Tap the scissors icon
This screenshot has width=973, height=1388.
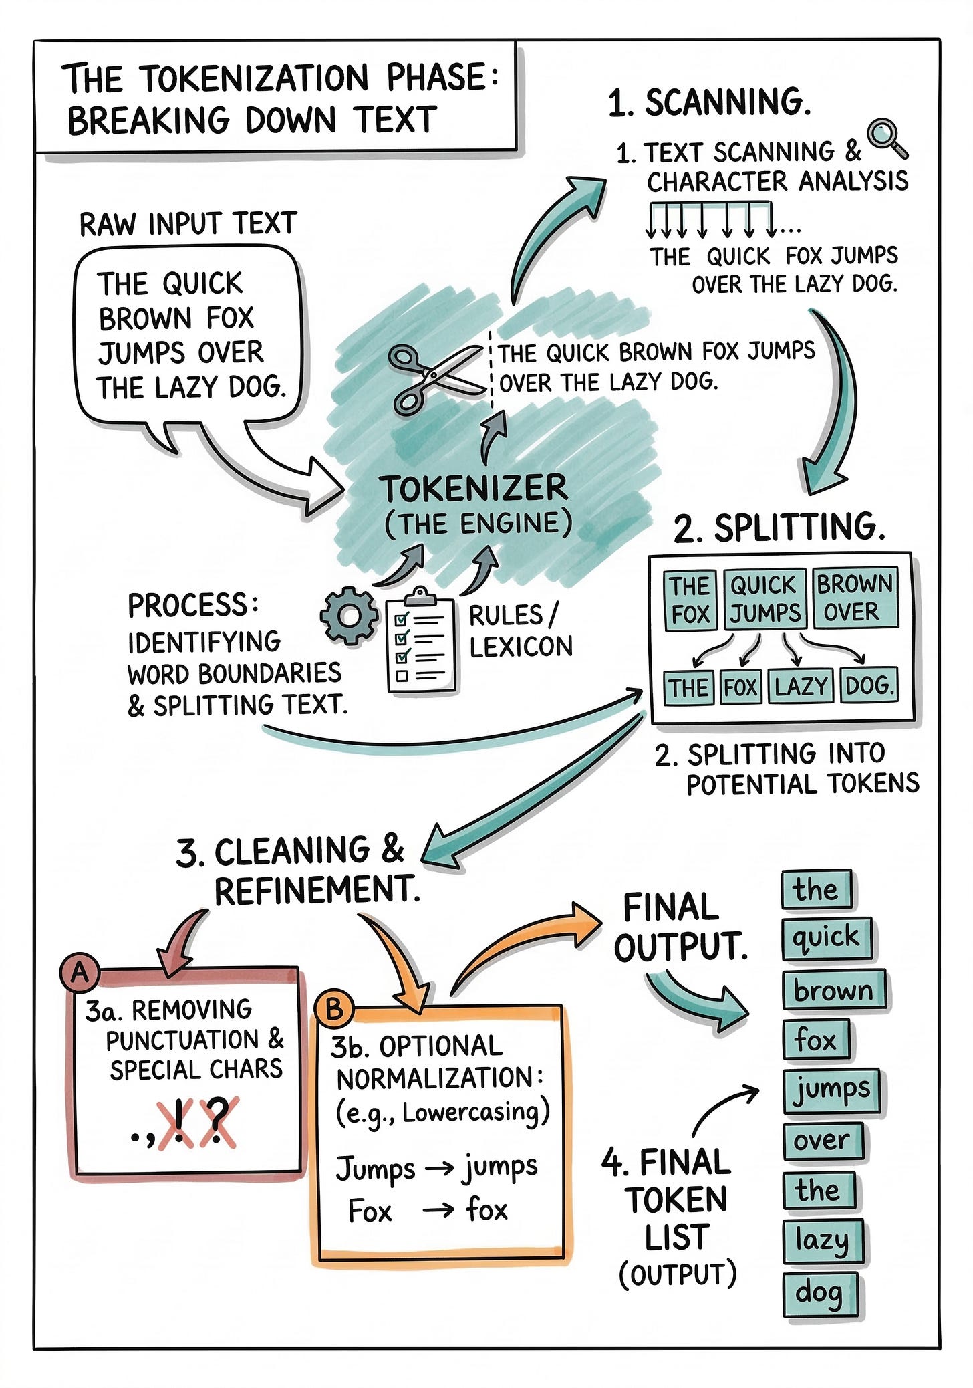point(434,377)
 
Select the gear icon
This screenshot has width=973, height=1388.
point(348,616)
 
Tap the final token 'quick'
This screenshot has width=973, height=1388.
point(826,937)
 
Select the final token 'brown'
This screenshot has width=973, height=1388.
point(833,990)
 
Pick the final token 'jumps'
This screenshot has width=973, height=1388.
point(831,1090)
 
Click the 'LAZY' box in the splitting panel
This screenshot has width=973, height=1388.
point(801,687)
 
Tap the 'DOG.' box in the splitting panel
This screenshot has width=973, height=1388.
point(869,685)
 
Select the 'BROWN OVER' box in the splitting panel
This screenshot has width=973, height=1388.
point(854,598)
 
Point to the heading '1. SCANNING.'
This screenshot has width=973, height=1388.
point(709,102)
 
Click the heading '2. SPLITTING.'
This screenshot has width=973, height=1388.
point(779,528)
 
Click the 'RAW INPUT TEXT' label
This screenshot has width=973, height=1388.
point(188,224)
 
